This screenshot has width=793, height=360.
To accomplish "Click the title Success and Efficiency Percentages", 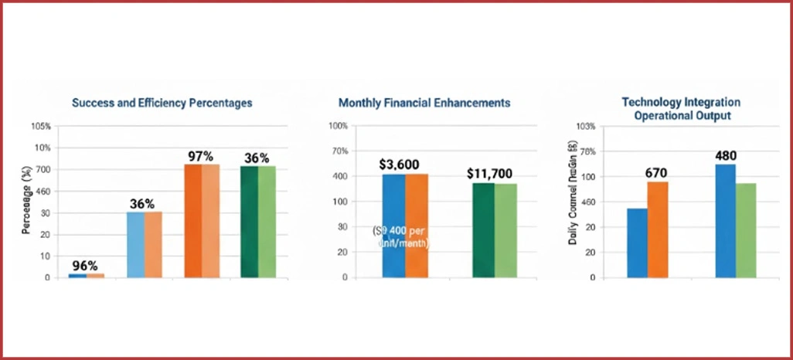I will (162, 103).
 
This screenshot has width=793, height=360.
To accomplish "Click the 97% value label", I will (201, 157).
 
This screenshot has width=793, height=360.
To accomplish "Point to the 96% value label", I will (85, 265).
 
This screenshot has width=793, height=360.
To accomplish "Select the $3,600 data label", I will (404, 165).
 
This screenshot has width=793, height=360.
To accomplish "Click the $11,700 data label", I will (495, 174).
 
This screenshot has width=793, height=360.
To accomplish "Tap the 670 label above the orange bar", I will (656, 172).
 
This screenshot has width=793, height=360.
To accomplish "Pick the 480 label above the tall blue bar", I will (726, 155).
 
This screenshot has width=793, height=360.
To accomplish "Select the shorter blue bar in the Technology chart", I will (637, 243).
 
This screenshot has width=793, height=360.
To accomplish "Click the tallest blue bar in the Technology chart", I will (725, 221).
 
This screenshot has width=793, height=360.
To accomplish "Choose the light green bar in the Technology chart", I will (746, 230).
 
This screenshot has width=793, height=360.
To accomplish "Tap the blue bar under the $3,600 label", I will (393, 226).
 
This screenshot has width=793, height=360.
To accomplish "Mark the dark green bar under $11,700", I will (484, 230).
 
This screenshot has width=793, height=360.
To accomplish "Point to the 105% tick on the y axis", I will (39, 127).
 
